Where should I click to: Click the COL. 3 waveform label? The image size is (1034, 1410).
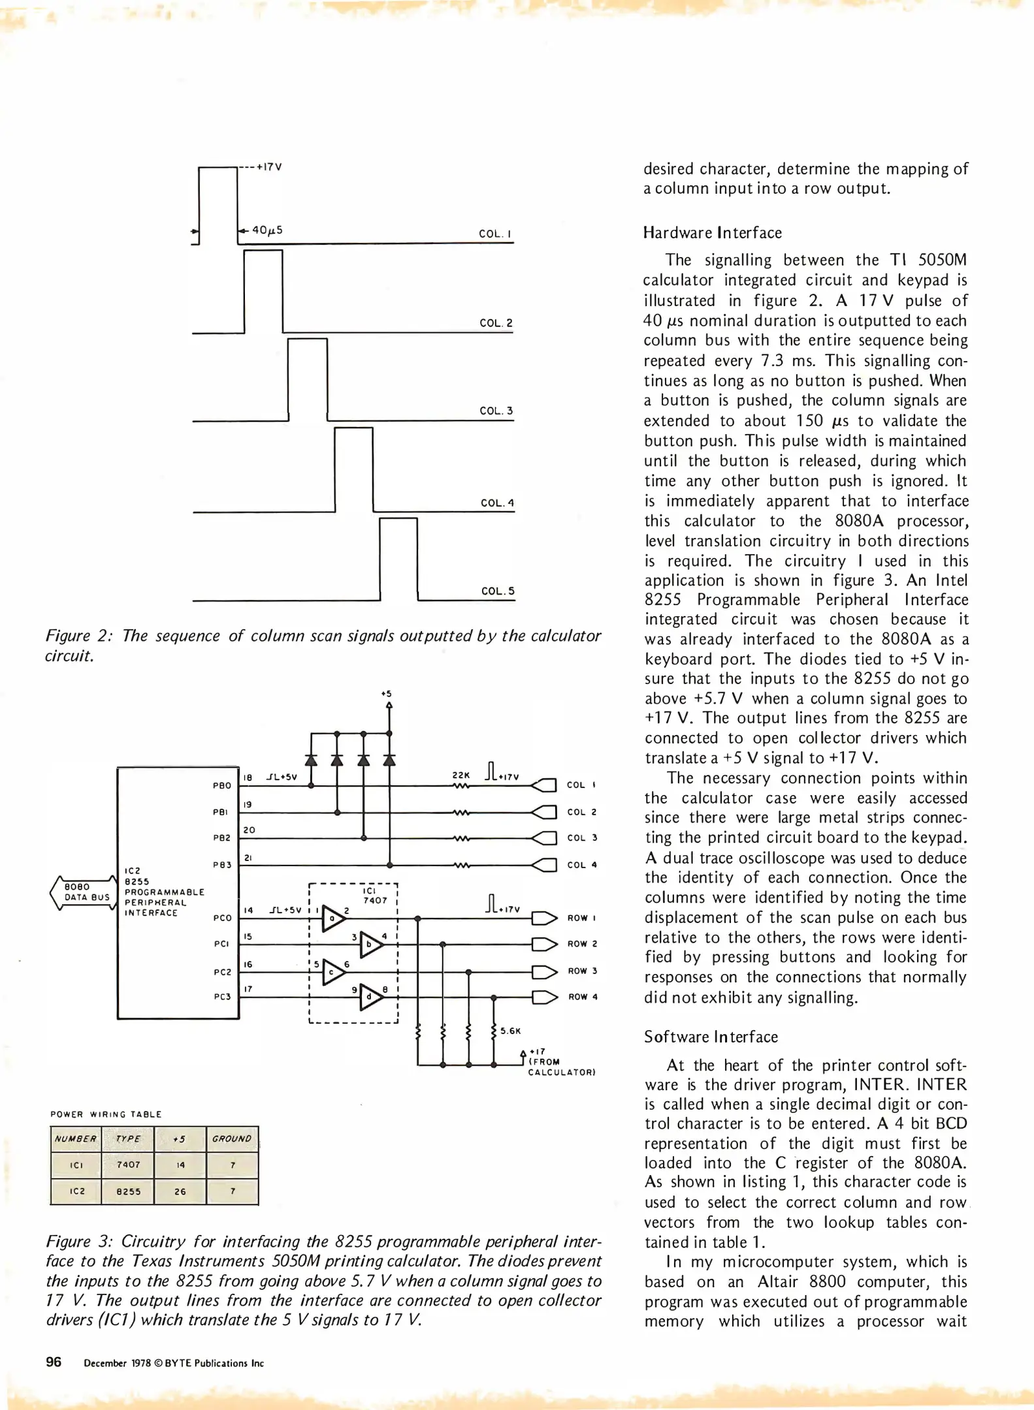coord(496,411)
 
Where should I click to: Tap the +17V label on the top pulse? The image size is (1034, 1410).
coord(268,166)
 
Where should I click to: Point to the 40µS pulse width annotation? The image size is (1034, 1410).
coord(267,230)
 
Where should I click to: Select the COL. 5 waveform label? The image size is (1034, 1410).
coord(498,591)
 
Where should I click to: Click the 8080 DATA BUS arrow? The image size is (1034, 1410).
coord(84,892)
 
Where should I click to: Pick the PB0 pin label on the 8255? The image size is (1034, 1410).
coord(222,785)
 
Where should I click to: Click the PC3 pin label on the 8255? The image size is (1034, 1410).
coord(222,997)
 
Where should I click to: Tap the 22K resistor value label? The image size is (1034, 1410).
coord(460,775)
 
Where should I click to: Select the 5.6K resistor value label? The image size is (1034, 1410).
coord(510,1031)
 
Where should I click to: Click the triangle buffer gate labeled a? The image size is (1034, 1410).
coord(333,918)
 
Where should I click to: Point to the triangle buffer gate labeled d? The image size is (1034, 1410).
coord(370,997)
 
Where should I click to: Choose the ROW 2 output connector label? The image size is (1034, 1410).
coord(582,944)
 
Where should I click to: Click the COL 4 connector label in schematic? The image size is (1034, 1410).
coord(581,865)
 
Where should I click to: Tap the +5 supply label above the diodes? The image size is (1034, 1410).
coord(386,694)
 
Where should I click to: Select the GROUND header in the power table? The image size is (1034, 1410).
coord(232,1138)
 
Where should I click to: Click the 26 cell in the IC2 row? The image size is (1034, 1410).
coord(180,1191)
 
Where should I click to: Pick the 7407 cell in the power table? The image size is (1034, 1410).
coord(128,1165)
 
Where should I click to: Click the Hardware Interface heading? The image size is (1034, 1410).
coord(712,233)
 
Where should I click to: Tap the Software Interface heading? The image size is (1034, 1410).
coord(711,1037)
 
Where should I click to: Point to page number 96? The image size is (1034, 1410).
coord(54,1362)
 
